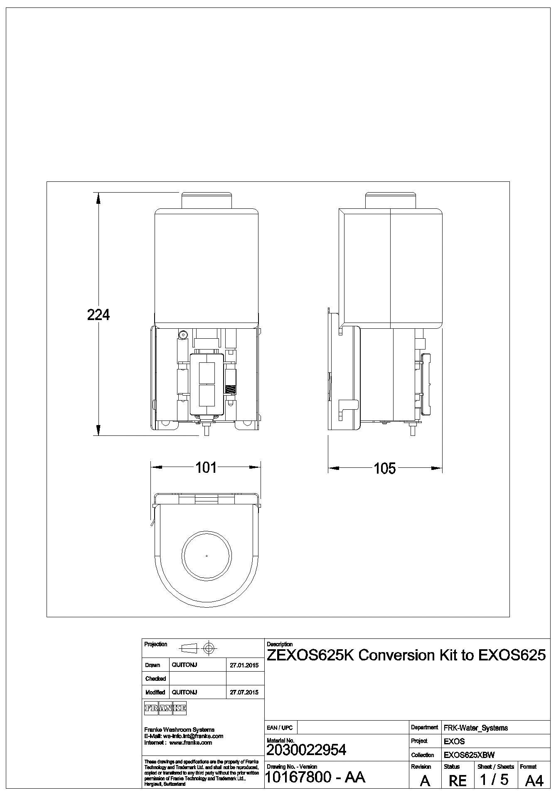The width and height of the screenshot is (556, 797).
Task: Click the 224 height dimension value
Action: (98, 315)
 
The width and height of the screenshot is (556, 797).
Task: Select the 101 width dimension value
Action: (206, 467)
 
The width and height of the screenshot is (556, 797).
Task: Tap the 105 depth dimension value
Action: (385, 469)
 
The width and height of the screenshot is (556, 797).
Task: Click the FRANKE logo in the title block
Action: (165, 709)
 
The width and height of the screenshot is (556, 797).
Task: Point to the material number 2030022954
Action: (306, 750)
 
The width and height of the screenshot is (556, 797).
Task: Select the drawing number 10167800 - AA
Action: (315, 777)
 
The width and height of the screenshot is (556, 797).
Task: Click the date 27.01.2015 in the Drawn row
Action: (244, 665)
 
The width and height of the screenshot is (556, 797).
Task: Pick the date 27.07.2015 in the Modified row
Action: (244, 692)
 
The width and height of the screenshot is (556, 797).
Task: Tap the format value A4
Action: (534, 781)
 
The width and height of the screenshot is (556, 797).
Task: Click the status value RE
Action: (458, 781)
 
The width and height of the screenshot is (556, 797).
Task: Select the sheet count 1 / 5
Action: (494, 780)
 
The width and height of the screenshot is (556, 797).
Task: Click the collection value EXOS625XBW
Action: (469, 755)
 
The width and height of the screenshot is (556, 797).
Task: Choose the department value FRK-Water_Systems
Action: (476, 728)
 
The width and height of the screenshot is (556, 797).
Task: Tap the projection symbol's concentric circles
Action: (209, 648)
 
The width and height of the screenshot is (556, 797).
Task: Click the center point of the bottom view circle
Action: (207, 555)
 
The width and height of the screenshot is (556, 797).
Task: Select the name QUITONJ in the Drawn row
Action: (185, 665)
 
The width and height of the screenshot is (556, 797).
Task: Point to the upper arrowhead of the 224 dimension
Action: (98, 198)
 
